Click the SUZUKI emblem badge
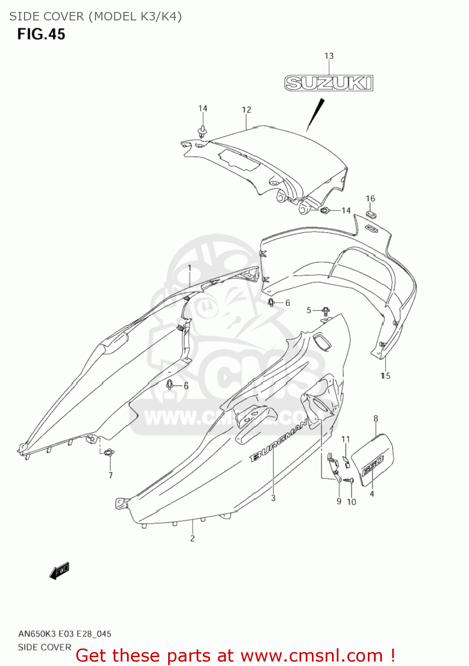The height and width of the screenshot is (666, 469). [329, 83]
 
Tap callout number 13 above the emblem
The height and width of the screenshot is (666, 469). [329, 56]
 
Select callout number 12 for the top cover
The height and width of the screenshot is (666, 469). [246, 110]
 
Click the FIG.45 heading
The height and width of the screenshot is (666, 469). [41, 34]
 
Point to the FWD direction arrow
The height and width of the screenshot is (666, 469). [59, 571]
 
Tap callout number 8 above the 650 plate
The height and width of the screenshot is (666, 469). [376, 418]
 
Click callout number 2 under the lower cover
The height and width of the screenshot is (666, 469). [193, 538]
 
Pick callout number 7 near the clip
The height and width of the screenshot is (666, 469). [110, 475]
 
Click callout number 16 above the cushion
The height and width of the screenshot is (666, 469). [370, 198]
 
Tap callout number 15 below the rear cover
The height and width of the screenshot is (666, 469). [385, 376]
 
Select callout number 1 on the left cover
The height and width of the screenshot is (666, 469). [189, 268]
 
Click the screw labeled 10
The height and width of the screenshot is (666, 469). [350, 480]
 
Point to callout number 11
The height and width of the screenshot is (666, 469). [346, 439]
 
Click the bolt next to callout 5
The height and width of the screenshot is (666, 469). [326, 310]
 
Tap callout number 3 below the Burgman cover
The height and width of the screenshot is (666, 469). [273, 498]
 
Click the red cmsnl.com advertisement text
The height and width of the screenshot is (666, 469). [235, 655]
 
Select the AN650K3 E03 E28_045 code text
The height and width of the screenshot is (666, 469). [65, 634]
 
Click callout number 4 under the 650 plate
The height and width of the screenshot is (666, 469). [372, 494]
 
